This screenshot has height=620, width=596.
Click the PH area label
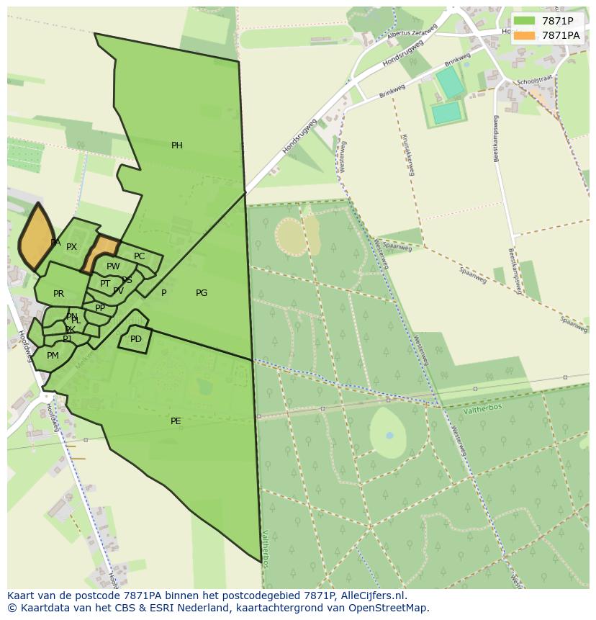[x=176, y=145]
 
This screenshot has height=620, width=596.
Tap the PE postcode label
[x=176, y=421]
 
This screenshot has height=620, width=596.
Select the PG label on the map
[x=202, y=293]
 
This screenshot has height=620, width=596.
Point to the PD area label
[x=136, y=339]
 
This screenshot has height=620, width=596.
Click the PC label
[x=139, y=256]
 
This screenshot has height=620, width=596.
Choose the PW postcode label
[x=113, y=266]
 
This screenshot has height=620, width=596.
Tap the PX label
[x=71, y=247]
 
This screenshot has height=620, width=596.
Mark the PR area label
[x=58, y=294]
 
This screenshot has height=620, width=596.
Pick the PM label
[x=53, y=356]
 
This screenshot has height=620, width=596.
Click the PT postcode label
[x=105, y=284]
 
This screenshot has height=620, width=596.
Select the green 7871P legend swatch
[x=524, y=21]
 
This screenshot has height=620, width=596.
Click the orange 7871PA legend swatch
[x=524, y=35]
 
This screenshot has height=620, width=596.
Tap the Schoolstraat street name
[x=533, y=81]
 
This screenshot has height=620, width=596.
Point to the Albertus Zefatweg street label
[x=412, y=33]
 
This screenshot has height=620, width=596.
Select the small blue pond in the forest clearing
[x=389, y=436]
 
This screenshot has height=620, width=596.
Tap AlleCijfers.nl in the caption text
[x=369, y=596]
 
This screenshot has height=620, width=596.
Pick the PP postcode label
[x=100, y=308]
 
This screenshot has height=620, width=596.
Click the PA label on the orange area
[x=55, y=243]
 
